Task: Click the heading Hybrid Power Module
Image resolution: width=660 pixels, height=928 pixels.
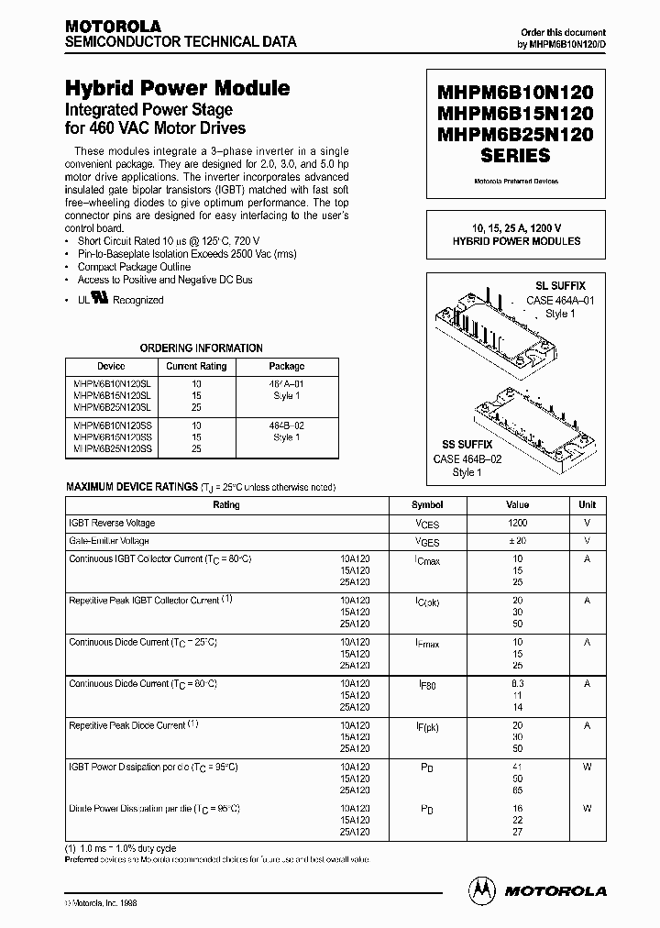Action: click(x=178, y=89)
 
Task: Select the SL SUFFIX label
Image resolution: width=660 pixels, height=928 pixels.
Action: click(x=560, y=286)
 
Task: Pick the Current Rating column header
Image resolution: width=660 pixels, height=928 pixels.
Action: click(x=196, y=366)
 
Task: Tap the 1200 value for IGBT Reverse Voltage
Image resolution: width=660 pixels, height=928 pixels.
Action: click(x=517, y=523)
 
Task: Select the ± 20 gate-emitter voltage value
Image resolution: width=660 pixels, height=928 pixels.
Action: click(x=517, y=541)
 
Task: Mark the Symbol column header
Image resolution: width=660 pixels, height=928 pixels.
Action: click(x=427, y=505)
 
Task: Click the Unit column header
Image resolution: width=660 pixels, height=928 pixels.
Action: click(x=587, y=505)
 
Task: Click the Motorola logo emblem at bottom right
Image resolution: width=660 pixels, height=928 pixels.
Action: click(x=480, y=889)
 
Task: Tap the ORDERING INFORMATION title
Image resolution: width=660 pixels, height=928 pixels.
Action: click(x=201, y=348)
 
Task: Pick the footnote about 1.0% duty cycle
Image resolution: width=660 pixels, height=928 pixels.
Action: click(x=120, y=848)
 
